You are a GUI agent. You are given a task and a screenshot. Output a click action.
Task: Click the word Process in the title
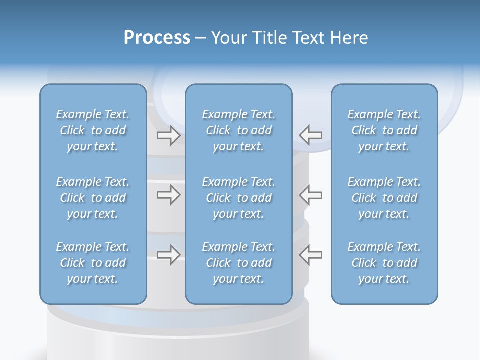(x=157, y=38)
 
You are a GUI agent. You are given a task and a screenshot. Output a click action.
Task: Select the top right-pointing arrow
(x=168, y=135)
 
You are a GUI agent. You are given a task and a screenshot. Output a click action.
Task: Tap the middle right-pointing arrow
(x=168, y=195)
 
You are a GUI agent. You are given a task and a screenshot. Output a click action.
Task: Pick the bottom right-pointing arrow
(x=168, y=255)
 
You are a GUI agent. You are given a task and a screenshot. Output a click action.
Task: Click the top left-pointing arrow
(x=311, y=135)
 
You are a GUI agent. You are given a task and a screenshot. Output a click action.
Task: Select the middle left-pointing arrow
(x=311, y=195)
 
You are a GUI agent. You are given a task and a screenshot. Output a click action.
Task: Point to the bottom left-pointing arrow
(x=311, y=255)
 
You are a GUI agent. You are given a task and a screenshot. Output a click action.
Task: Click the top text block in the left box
(x=93, y=130)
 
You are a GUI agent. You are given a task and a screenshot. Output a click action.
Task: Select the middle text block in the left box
(x=93, y=198)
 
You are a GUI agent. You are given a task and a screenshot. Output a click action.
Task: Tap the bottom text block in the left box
(x=93, y=263)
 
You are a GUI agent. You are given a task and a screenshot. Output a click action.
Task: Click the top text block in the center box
(x=238, y=130)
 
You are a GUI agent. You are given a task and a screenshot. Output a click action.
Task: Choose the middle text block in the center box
(x=238, y=198)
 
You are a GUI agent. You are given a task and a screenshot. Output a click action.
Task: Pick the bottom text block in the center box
(x=238, y=263)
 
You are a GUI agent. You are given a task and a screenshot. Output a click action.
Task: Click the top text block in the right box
(x=384, y=130)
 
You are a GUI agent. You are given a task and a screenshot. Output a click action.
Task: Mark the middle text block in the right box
(x=384, y=198)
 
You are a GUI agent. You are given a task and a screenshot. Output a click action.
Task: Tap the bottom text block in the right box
(x=384, y=263)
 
